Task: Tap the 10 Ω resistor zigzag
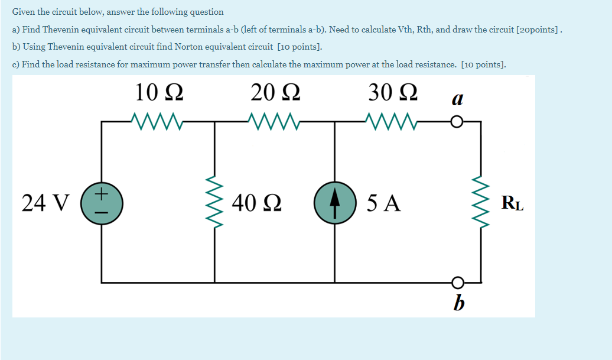(158, 122)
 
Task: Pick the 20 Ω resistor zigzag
(275, 122)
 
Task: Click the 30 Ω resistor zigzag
(392, 122)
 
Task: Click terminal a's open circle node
(456, 123)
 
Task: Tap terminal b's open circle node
(456, 282)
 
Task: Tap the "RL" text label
(512, 203)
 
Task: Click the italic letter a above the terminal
(456, 99)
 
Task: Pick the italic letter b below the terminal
(457, 303)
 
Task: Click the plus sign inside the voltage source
(102, 193)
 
